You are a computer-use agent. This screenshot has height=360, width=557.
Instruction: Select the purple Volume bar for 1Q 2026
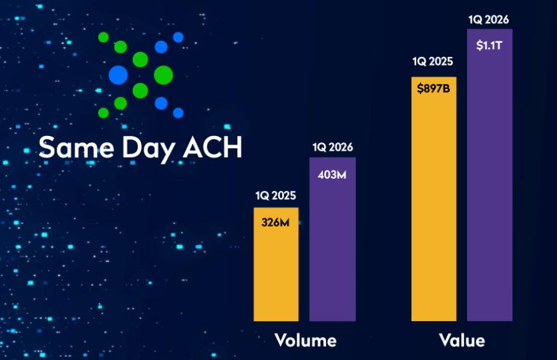[x=332, y=249]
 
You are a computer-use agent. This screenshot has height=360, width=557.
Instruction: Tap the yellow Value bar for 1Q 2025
[x=434, y=211]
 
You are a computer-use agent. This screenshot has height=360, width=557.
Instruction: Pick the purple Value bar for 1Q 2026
[x=489, y=185]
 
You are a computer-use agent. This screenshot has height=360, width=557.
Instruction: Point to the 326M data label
[x=276, y=223]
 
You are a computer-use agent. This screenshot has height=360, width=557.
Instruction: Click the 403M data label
[x=332, y=174]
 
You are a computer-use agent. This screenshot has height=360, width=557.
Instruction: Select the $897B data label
[x=434, y=89]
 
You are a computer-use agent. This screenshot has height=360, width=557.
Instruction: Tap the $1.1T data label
[x=489, y=45]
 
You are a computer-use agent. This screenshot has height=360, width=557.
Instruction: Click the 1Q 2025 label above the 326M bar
[x=276, y=196]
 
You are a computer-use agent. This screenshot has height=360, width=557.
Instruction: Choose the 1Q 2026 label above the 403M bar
[x=332, y=147]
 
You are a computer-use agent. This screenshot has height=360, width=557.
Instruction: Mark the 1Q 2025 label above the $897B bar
[x=433, y=62]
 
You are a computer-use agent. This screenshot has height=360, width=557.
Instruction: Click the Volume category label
[x=305, y=340]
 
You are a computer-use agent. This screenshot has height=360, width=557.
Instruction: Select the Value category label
[x=462, y=340]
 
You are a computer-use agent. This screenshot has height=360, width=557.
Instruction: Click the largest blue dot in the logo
[x=118, y=75]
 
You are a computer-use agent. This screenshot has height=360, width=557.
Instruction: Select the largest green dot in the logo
[x=163, y=75]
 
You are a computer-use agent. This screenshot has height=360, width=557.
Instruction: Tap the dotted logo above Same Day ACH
[x=141, y=75]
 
